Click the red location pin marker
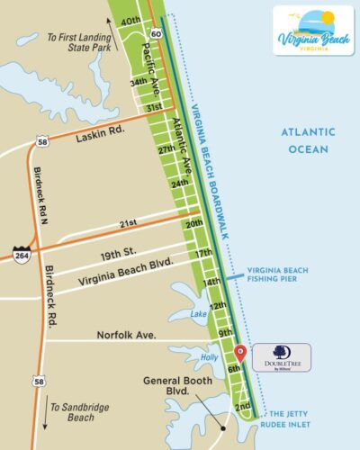[239, 353]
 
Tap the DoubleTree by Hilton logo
[281, 357]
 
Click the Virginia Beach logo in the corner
[314, 30]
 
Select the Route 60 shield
[156, 34]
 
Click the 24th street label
[181, 183]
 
